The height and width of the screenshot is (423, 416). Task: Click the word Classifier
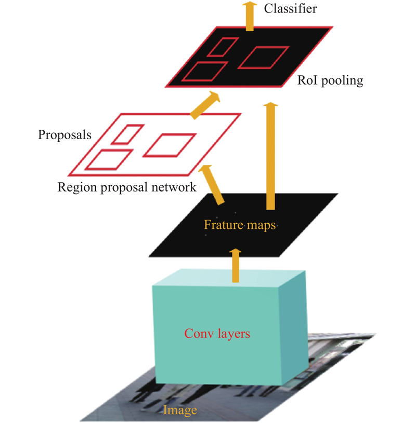[290, 9]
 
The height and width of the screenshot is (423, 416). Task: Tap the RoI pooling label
[330, 80]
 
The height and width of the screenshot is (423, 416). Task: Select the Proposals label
[64, 134]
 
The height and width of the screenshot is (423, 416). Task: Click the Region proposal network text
[127, 187]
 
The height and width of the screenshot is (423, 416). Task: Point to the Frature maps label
[240, 225]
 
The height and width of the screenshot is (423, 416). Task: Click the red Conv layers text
[217, 334]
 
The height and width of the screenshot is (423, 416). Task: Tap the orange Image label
[180, 411]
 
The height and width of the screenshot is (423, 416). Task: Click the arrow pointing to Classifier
[250, 16]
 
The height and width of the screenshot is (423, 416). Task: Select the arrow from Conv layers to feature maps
[236, 265]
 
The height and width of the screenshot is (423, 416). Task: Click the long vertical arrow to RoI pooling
[270, 156]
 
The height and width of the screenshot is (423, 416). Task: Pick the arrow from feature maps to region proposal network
[212, 185]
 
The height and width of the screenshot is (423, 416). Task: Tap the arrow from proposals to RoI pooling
[205, 105]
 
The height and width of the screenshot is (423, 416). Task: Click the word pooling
[342, 81]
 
